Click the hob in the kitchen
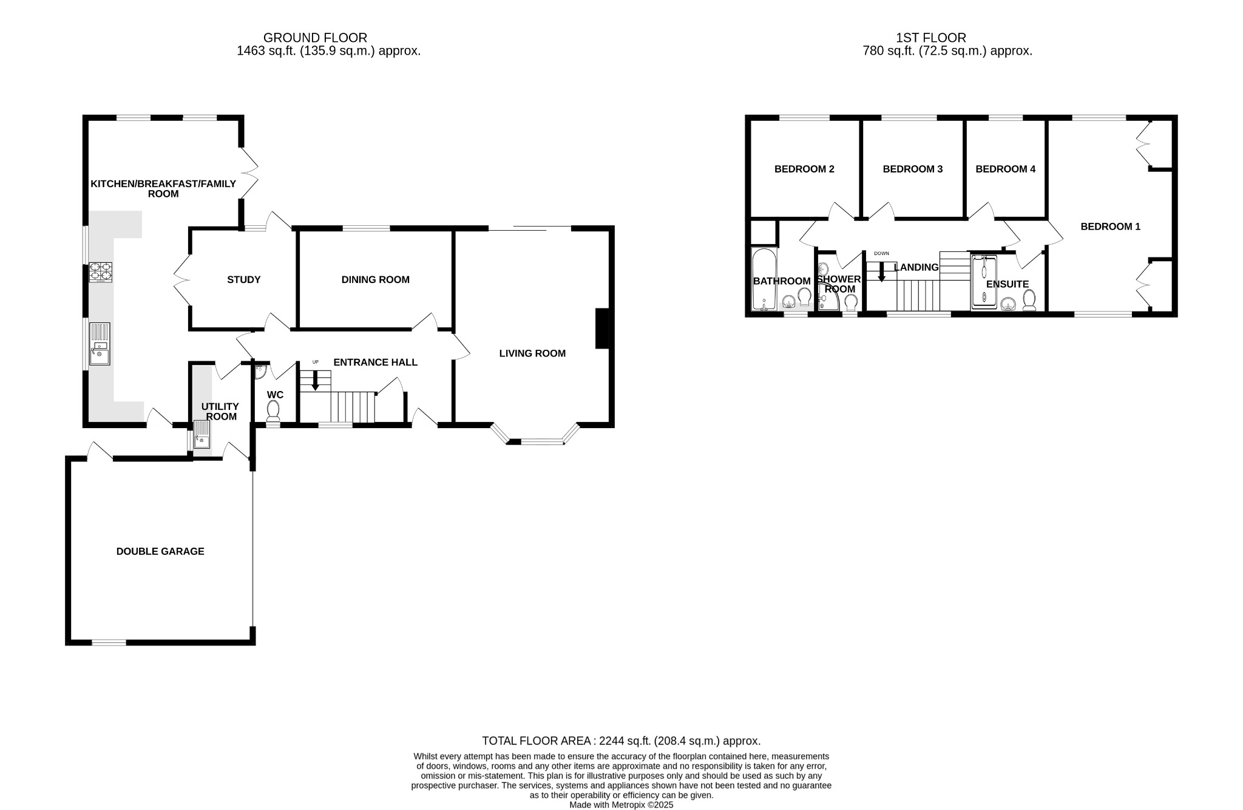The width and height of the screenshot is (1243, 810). [x=101, y=272]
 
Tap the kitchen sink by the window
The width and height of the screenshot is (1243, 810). [x=100, y=344]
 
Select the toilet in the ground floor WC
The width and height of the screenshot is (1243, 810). [x=274, y=410]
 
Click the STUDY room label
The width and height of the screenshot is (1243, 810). [x=244, y=280]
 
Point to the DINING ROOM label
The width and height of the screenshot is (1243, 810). [x=375, y=280]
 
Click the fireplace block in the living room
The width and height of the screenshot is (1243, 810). [x=601, y=328]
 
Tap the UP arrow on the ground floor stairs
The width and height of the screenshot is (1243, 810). [x=315, y=381]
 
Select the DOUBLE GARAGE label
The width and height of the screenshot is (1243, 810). [x=160, y=551]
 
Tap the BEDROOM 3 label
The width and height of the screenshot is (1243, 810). [x=912, y=169]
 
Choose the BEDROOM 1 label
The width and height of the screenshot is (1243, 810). [x=1110, y=226]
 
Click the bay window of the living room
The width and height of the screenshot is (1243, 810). [x=535, y=441]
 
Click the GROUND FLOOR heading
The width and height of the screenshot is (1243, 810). [x=315, y=38]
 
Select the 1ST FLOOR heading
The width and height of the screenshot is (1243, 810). [x=930, y=38]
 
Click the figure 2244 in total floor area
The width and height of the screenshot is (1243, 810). [x=611, y=741]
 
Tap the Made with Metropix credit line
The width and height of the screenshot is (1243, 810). [x=621, y=805]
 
